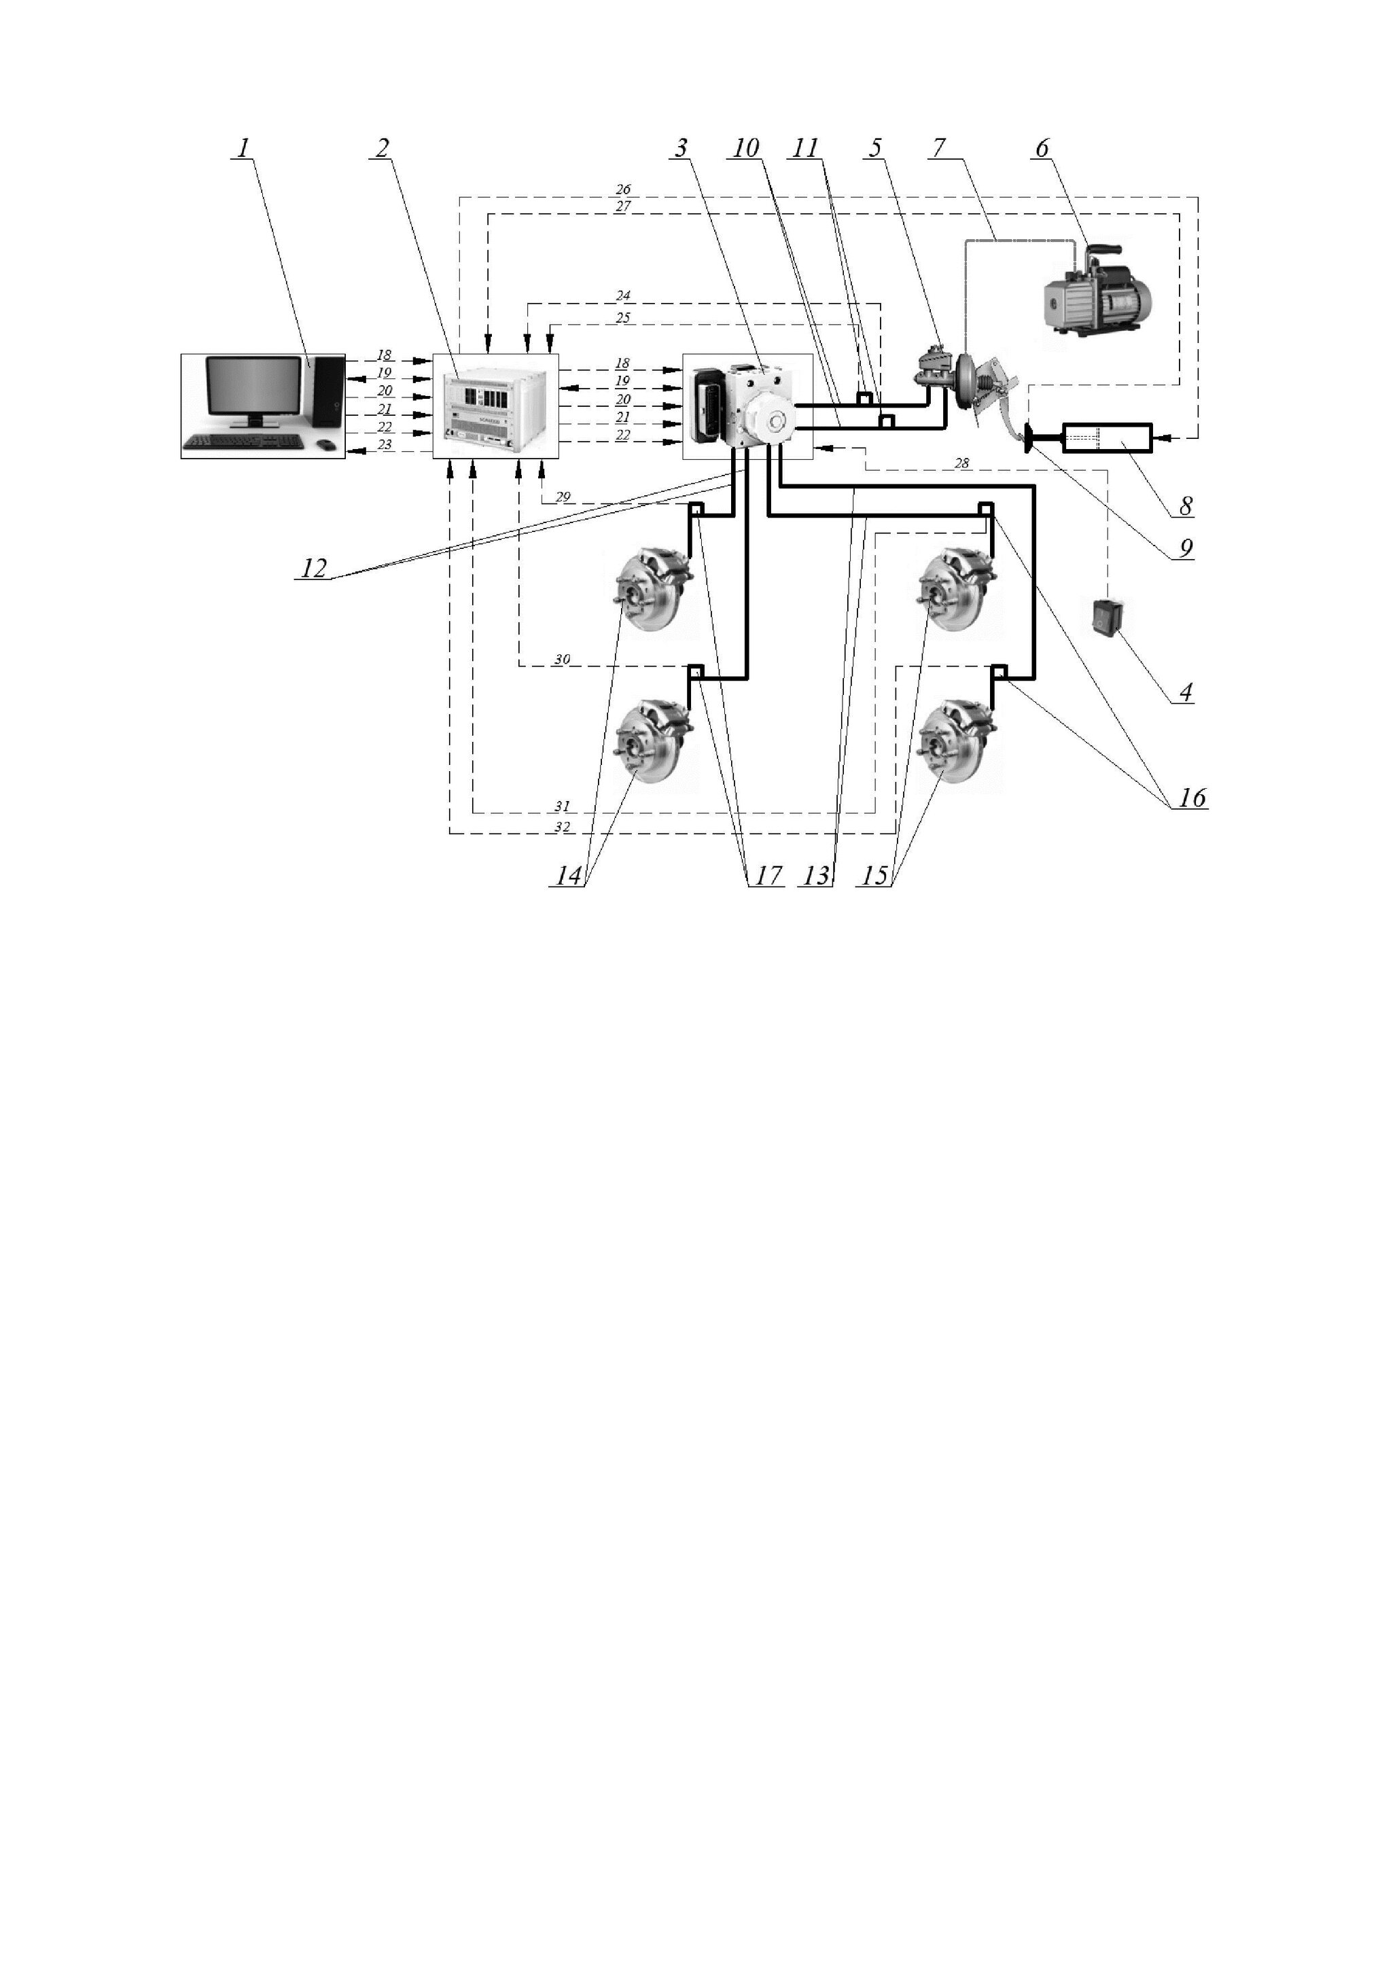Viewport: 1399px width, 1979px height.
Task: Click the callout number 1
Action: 243,147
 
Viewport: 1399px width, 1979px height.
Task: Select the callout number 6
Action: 1042,148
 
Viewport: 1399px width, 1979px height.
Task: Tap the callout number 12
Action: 314,568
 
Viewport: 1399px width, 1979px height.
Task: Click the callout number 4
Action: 1186,692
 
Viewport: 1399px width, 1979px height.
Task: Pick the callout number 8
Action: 1186,506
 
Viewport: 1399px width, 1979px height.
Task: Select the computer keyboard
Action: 243,442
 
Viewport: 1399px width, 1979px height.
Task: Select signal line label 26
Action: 623,190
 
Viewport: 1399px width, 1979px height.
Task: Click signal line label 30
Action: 562,660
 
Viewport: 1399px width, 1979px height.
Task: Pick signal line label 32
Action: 562,827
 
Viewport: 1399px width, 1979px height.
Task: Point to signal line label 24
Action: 623,296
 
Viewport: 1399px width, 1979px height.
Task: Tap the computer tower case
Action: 327,392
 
